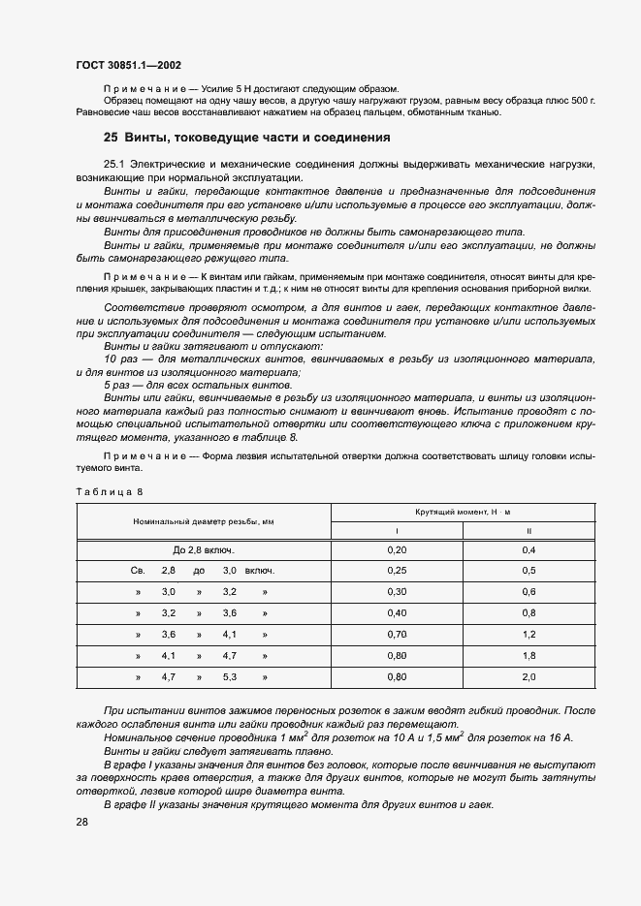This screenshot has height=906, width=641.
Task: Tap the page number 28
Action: [x=82, y=822]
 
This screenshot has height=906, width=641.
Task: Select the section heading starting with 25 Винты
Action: [x=246, y=137]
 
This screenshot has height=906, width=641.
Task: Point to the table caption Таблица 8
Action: [x=109, y=491]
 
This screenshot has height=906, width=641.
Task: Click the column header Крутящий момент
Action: [x=463, y=512]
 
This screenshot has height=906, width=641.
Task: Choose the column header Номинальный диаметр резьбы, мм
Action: [x=204, y=521]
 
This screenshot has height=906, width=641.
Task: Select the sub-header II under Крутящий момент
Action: [x=529, y=531]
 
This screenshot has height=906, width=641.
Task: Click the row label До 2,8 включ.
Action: [x=204, y=550]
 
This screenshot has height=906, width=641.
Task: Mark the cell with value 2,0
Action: [x=529, y=677]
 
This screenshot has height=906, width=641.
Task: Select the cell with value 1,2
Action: [x=529, y=635]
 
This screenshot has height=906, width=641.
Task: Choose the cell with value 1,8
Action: [x=529, y=656]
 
